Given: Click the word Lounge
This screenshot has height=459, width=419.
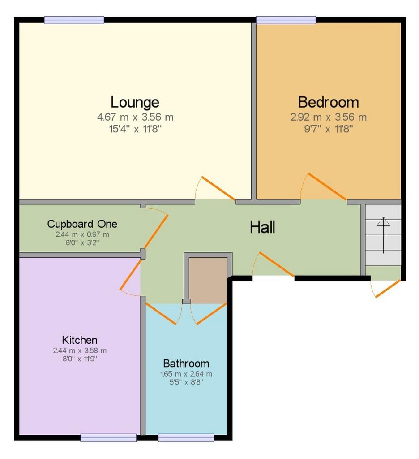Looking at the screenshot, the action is point(135,102).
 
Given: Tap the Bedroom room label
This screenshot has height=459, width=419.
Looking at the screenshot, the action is point(329,102).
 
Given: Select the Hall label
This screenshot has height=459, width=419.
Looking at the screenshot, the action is point(262,227).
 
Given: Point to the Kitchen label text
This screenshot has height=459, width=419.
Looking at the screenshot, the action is point(80,340).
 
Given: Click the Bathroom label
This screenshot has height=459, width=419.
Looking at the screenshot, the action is point(186,363).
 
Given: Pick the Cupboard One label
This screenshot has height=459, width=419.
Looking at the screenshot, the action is point(82,224).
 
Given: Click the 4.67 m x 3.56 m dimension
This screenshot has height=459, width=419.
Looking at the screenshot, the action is point(135,117).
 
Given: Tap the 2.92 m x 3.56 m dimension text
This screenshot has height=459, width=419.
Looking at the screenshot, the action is point(329,117).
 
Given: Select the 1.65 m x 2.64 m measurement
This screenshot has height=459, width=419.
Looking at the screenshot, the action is point(186,374).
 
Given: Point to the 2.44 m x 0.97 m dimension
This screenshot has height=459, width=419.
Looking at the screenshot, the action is point(82,234).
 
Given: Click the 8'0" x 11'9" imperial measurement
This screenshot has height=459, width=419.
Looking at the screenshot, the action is point(80,359).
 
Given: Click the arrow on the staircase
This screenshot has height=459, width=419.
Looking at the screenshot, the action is point(383,235).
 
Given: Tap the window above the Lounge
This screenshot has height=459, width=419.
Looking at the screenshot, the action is point(74,20).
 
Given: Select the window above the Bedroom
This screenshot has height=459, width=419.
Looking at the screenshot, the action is point(286,20).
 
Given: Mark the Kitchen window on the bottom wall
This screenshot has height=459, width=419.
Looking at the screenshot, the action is point(108,437).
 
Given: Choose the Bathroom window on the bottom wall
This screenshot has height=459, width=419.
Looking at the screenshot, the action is point(186,437).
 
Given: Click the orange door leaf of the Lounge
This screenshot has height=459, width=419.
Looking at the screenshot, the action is point(218,188).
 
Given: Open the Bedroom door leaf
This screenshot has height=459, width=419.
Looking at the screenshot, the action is point(327,186).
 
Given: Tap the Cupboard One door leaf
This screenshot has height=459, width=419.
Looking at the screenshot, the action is point(156,231).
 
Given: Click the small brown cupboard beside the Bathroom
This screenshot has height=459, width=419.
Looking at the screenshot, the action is point(208,281).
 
